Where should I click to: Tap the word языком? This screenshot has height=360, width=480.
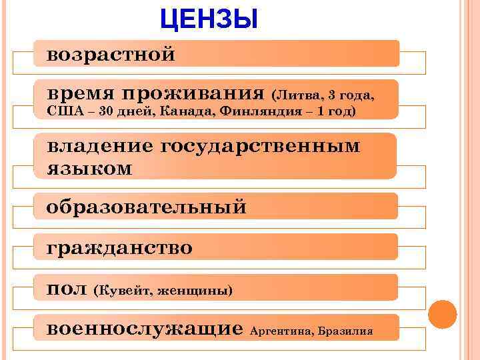pos(89,169)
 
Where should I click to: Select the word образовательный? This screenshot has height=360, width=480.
pos(147,207)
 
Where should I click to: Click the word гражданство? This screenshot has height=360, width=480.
pos(120,249)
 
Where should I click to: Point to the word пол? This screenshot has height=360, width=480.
pos(67,289)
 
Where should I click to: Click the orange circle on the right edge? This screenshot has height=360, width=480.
pos(442,314)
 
